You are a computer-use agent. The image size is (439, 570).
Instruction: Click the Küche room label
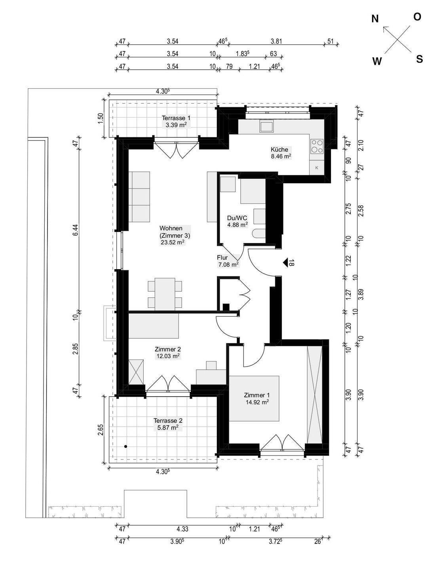pyautogui.click(x=279, y=150)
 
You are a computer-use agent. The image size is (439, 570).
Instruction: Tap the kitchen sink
pyautogui.click(x=267, y=126)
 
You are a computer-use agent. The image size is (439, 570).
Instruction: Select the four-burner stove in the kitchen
pyautogui.click(x=317, y=146)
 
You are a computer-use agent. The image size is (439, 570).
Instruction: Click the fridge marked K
pyautogui.click(x=317, y=167)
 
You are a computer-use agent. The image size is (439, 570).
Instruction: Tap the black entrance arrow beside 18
pyautogui.click(x=285, y=262)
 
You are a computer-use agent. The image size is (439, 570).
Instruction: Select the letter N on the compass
pyautogui.click(x=375, y=19)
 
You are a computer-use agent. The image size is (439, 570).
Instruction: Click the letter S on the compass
pyautogui.click(x=419, y=59)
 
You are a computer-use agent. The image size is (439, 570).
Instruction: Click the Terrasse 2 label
pyautogui.click(x=168, y=420)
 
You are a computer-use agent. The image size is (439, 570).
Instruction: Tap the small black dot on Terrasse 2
pyautogui.click(x=125, y=446)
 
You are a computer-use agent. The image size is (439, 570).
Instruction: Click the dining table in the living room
pyautogui.click(x=165, y=294)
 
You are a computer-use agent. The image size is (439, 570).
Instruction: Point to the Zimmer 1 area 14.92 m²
pyautogui.click(x=257, y=403)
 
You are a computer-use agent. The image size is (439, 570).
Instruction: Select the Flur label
pyautogui.click(x=222, y=258)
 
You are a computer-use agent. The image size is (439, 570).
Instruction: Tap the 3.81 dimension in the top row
pyautogui.click(x=276, y=41)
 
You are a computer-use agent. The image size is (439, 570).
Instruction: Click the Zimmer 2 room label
pyautogui.click(x=167, y=350)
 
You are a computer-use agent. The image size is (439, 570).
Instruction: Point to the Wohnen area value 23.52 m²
pyautogui.click(x=172, y=242)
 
